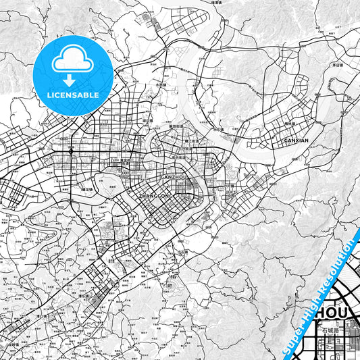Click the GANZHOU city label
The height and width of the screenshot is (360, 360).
pos(173,177)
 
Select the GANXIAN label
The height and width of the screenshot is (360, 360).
pos(296,140)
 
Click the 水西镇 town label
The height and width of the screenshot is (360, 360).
pos(161,85)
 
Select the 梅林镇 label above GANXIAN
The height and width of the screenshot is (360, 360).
pos(291,125)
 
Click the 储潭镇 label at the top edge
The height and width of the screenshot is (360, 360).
pos(216,3)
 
